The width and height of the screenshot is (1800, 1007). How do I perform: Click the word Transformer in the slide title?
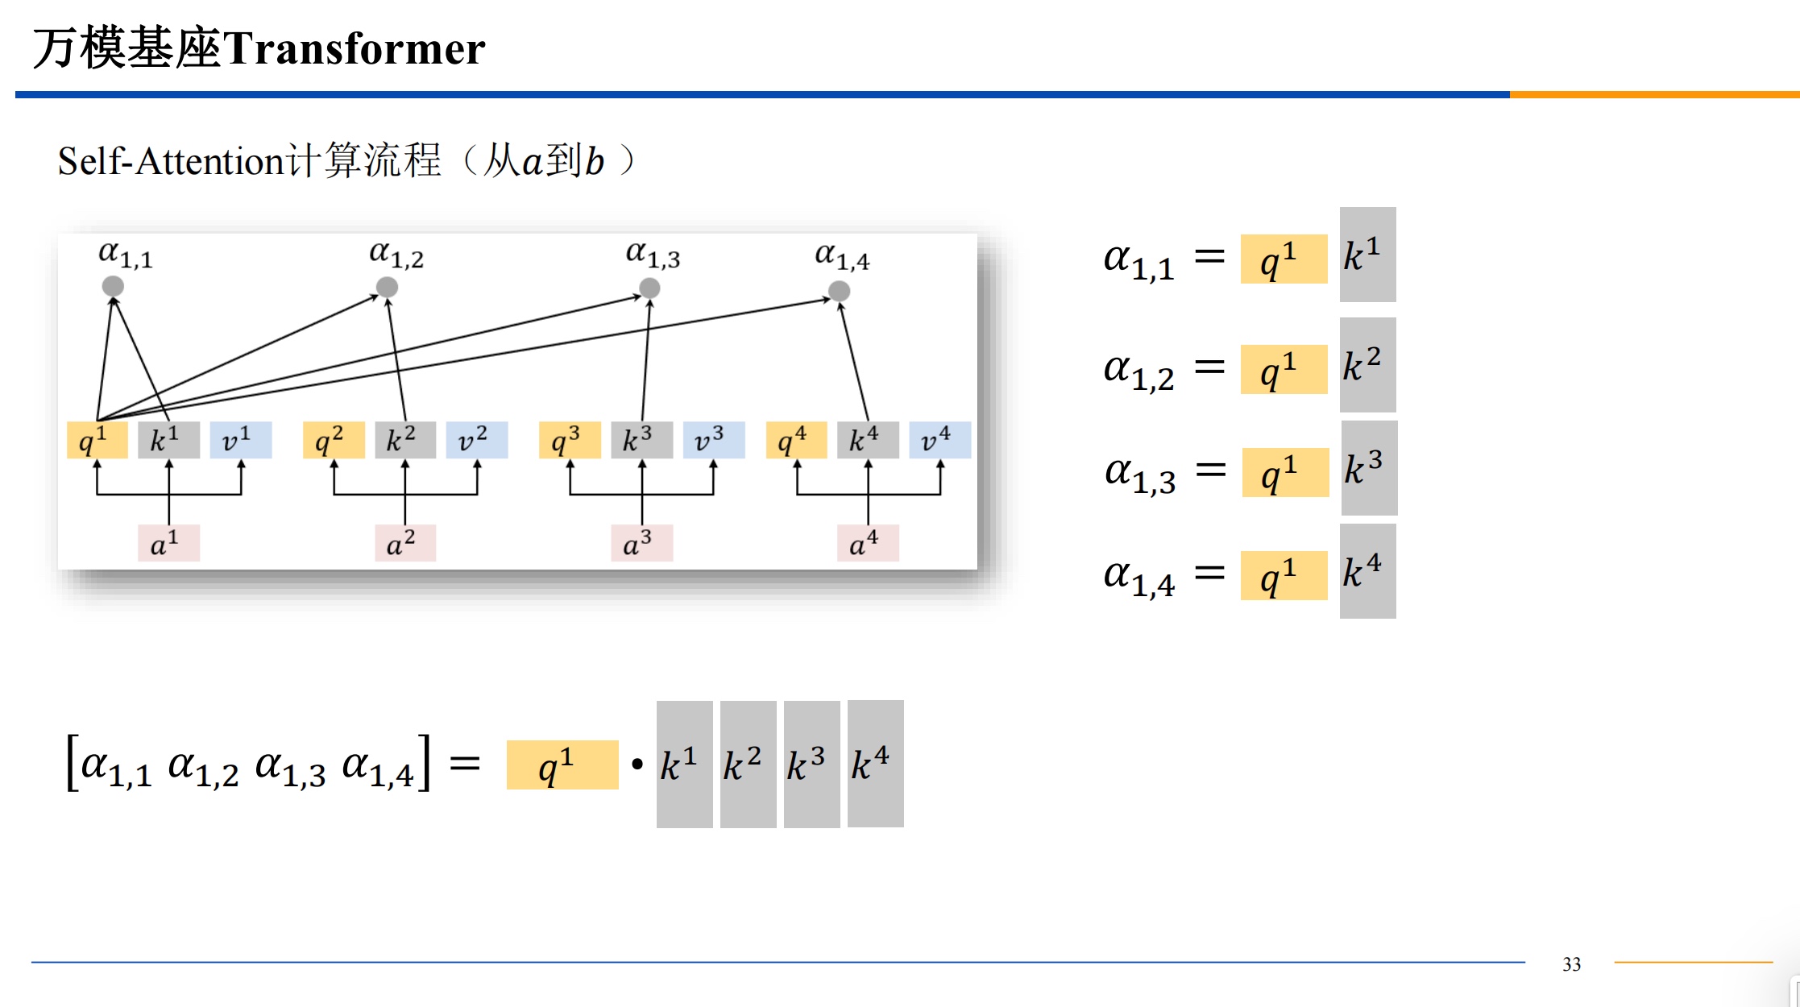pyautogui.click(x=355, y=48)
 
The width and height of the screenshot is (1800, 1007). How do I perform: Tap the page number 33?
pyautogui.click(x=1571, y=964)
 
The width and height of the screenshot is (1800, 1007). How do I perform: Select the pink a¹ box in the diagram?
pyautogui.click(x=168, y=543)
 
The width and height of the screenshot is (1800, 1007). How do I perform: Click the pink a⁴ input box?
pyautogui.click(x=868, y=543)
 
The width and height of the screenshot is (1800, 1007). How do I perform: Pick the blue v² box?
pyautogui.click(x=477, y=440)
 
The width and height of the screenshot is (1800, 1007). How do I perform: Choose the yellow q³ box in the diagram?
pyautogui.click(x=570, y=440)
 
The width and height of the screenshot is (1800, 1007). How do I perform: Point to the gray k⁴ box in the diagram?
pyautogui.click(x=868, y=440)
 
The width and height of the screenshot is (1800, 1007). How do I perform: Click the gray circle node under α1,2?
pyautogui.click(x=387, y=287)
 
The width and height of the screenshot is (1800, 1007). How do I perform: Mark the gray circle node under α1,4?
pyautogui.click(x=839, y=291)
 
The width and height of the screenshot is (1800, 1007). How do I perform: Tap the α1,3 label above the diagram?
pyautogui.click(x=653, y=255)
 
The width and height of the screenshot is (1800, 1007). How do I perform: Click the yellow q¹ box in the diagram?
pyautogui.click(x=97, y=440)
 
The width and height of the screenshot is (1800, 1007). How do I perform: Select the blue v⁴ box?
pyautogui.click(x=939, y=440)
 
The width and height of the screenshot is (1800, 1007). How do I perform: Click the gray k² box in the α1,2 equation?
pyautogui.click(x=1367, y=365)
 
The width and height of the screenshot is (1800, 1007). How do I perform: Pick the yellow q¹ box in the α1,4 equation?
pyautogui.click(x=1284, y=575)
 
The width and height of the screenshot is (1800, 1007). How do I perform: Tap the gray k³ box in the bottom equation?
pyautogui.click(x=811, y=764)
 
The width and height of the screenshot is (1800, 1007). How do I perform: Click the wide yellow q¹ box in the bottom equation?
pyautogui.click(x=562, y=765)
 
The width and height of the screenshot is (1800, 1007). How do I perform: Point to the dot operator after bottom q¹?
pyautogui.click(x=637, y=764)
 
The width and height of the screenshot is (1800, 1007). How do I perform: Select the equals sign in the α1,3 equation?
pyautogui.click(x=1210, y=470)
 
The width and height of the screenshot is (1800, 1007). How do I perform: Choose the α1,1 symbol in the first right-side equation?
pyautogui.click(x=1138, y=260)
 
